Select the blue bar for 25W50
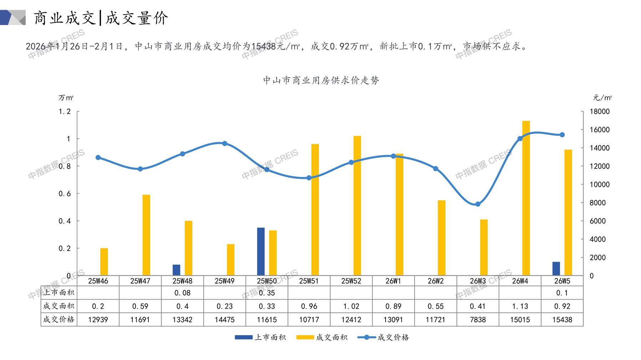tap(261, 251)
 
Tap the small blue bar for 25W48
tap(176, 270)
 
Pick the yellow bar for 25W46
tap(104, 262)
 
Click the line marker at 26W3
tap(478, 204)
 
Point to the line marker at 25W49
tap(224, 144)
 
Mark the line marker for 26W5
tap(562, 135)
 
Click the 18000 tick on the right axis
tap(599, 112)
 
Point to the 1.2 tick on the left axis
tap(65, 112)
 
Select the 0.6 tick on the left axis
tap(65, 194)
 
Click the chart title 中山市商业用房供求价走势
tap(321, 80)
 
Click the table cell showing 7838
tap(478, 319)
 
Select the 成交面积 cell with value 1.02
tap(351, 306)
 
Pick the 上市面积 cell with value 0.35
tap(267, 293)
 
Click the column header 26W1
tap(393, 281)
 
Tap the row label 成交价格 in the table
tap(58, 319)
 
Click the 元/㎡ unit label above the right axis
tap(602, 98)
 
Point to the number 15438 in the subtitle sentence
tap(264, 46)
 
